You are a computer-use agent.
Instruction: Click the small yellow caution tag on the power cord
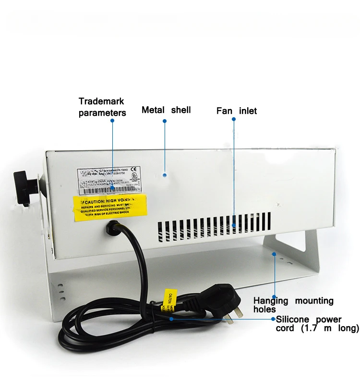(170, 300)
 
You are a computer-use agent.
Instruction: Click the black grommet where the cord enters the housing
(111, 230)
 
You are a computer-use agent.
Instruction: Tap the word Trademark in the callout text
(101, 101)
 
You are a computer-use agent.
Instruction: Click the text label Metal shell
(166, 110)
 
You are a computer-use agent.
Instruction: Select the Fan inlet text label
(236, 111)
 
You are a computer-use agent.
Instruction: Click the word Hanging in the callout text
(271, 301)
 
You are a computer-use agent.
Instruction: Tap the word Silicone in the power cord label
(295, 319)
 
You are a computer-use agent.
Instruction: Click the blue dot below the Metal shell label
(164, 175)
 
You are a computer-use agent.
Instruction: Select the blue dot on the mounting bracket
(274, 253)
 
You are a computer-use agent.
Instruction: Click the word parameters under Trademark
(102, 113)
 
